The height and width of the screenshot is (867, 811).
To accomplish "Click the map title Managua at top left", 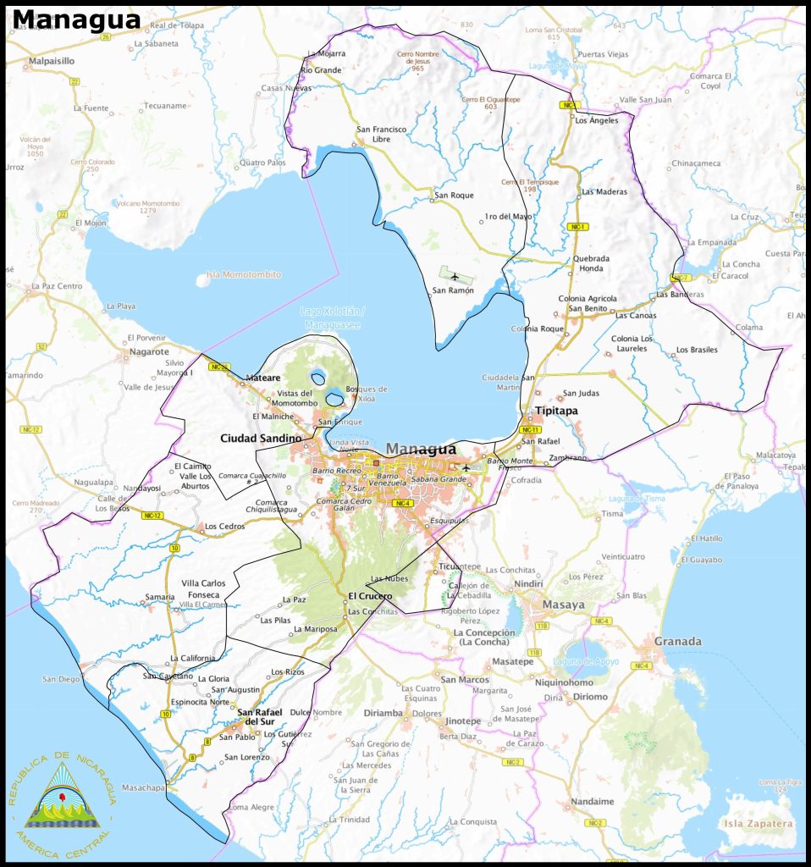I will pyautogui.click(x=76, y=19).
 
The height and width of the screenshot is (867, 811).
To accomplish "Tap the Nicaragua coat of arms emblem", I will pyautogui.click(x=63, y=796).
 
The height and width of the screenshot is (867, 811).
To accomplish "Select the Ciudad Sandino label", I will pyautogui.click(x=261, y=438).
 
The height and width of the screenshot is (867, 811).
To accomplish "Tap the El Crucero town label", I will pyautogui.click(x=370, y=596).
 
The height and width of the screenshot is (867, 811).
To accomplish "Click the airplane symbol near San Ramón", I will pyautogui.click(x=455, y=276).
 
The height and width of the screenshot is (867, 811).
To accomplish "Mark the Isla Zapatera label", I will pyautogui.click(x=756, y=823).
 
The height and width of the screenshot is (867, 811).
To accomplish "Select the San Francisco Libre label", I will pyautogui.click(x=381, y=134).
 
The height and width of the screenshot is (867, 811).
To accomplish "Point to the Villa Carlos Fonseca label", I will pyautogui.click(x=203, y=588).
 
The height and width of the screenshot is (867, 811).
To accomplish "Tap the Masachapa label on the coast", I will pyautogui.click(x=142, y=787).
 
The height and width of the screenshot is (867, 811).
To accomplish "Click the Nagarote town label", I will pyautogui.click(x=149, y=351).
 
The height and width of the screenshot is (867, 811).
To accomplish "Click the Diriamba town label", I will pyautogui.click(x=383, y=713).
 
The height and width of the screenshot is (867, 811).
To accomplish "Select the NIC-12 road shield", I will pyautogui.click(x=152, y=516).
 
